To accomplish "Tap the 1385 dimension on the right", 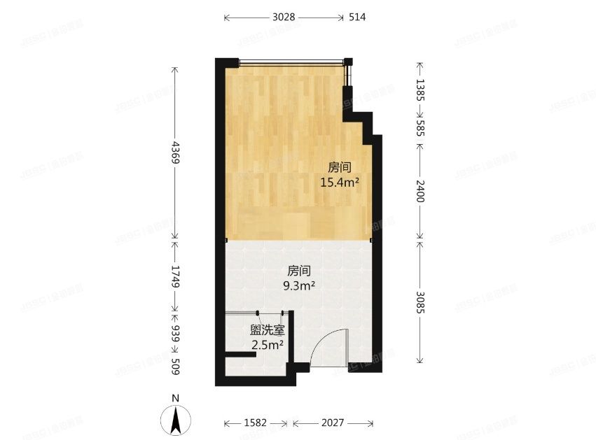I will coord(420,90).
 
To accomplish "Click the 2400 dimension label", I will coord(420,190).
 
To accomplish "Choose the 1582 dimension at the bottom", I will coord(256,424).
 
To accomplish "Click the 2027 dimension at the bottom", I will coord(332,424).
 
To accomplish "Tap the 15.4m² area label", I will coord(340,183).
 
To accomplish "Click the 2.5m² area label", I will coord(267,344).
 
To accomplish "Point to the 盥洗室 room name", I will coord(267,329).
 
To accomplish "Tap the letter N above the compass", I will coord(176,399).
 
